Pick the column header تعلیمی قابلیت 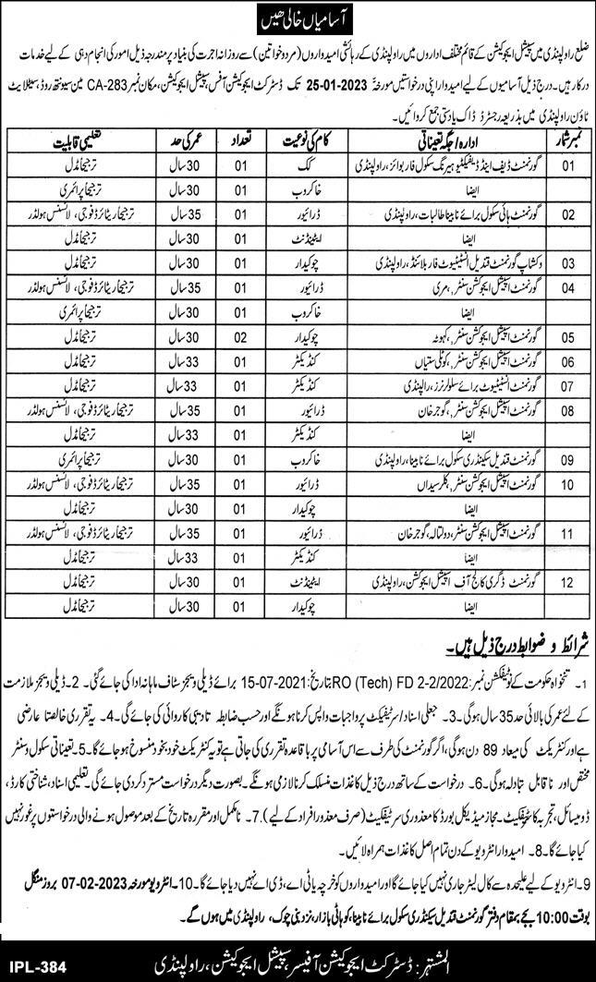tap(63, 140)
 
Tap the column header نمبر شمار tap(566, 140)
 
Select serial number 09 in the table tap(566, 457)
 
